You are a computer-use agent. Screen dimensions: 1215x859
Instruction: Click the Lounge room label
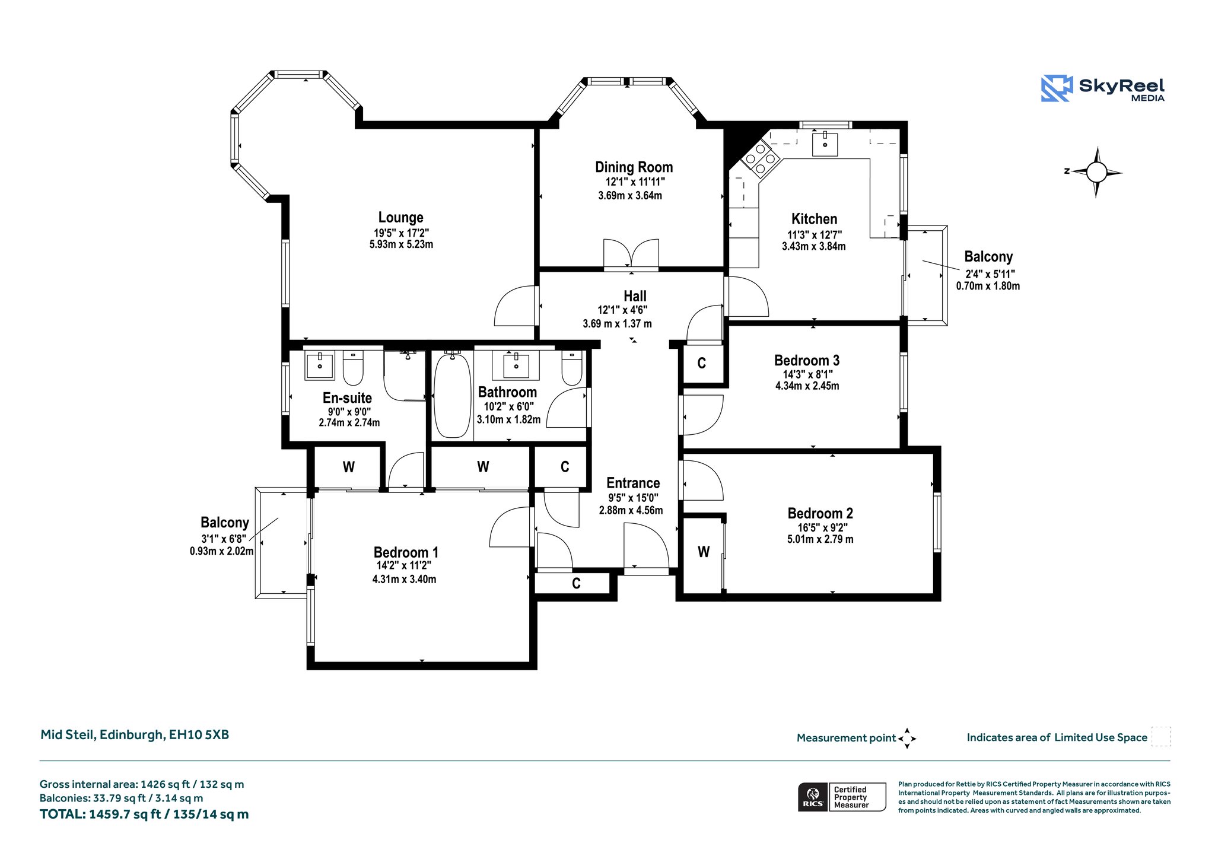401,218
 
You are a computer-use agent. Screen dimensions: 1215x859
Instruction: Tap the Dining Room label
634,167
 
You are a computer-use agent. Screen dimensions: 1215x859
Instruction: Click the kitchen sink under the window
825,144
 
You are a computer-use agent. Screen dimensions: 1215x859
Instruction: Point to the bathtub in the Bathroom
452,395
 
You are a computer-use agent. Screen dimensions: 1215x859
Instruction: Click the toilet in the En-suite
353,368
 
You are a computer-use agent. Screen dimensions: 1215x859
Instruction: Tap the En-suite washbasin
320,365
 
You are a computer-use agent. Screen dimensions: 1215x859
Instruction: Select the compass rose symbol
1096,172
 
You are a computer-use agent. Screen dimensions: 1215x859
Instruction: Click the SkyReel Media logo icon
1057,88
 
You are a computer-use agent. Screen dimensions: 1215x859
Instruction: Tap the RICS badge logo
813,797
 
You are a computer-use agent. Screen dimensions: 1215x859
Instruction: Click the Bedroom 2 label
820,513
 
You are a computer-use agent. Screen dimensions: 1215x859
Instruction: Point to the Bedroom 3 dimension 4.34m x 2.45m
807,386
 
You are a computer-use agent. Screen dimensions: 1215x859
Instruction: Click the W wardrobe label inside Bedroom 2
704,552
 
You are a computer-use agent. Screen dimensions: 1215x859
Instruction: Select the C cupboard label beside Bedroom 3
701,363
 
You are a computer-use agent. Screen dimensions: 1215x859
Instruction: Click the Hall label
635,296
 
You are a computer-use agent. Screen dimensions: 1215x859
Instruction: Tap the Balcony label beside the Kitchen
988,257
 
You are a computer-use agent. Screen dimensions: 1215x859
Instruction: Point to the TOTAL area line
144,815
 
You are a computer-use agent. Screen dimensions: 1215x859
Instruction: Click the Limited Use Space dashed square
1161,736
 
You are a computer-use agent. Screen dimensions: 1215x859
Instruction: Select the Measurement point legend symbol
907,739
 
